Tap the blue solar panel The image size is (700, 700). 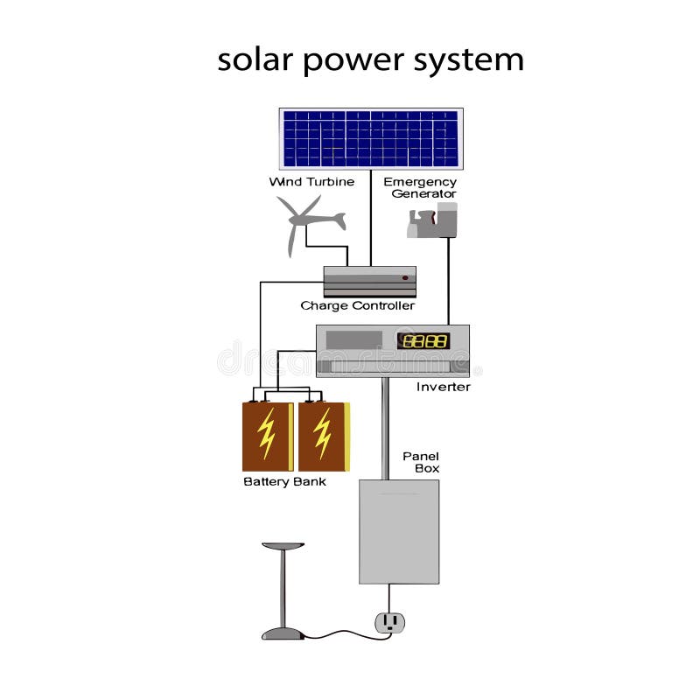(371, 138)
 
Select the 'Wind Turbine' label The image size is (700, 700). (311, 182)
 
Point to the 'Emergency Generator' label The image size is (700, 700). (420, 187)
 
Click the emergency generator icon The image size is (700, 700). (433, 220)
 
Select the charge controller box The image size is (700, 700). (369, 282)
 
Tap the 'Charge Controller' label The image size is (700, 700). (357, 306)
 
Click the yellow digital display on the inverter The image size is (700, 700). (423, 340)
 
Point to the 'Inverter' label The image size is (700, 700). (444, 387)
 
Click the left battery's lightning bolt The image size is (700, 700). (267, 433)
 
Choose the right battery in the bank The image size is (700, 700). (324, 436)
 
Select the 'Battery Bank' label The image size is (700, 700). (284, 482)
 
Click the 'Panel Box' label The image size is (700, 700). (421, 462)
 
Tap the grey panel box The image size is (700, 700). (399, 531)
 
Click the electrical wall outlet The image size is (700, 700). (390, 622)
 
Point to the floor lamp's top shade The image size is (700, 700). (283, 546)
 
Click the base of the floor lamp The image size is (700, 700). (283, 633)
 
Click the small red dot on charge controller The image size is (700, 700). (405, 277)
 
